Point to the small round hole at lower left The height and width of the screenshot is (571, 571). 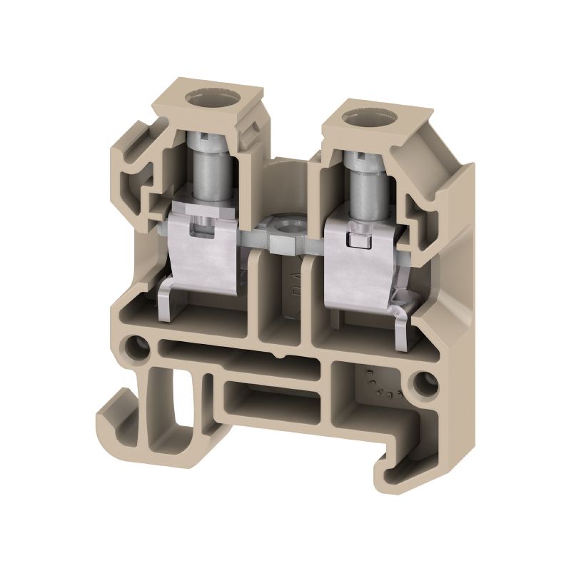[x=133, y=348]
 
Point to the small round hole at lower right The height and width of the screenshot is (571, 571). [x=429, y=384]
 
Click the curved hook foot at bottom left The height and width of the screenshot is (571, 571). [x=114, y=421]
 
